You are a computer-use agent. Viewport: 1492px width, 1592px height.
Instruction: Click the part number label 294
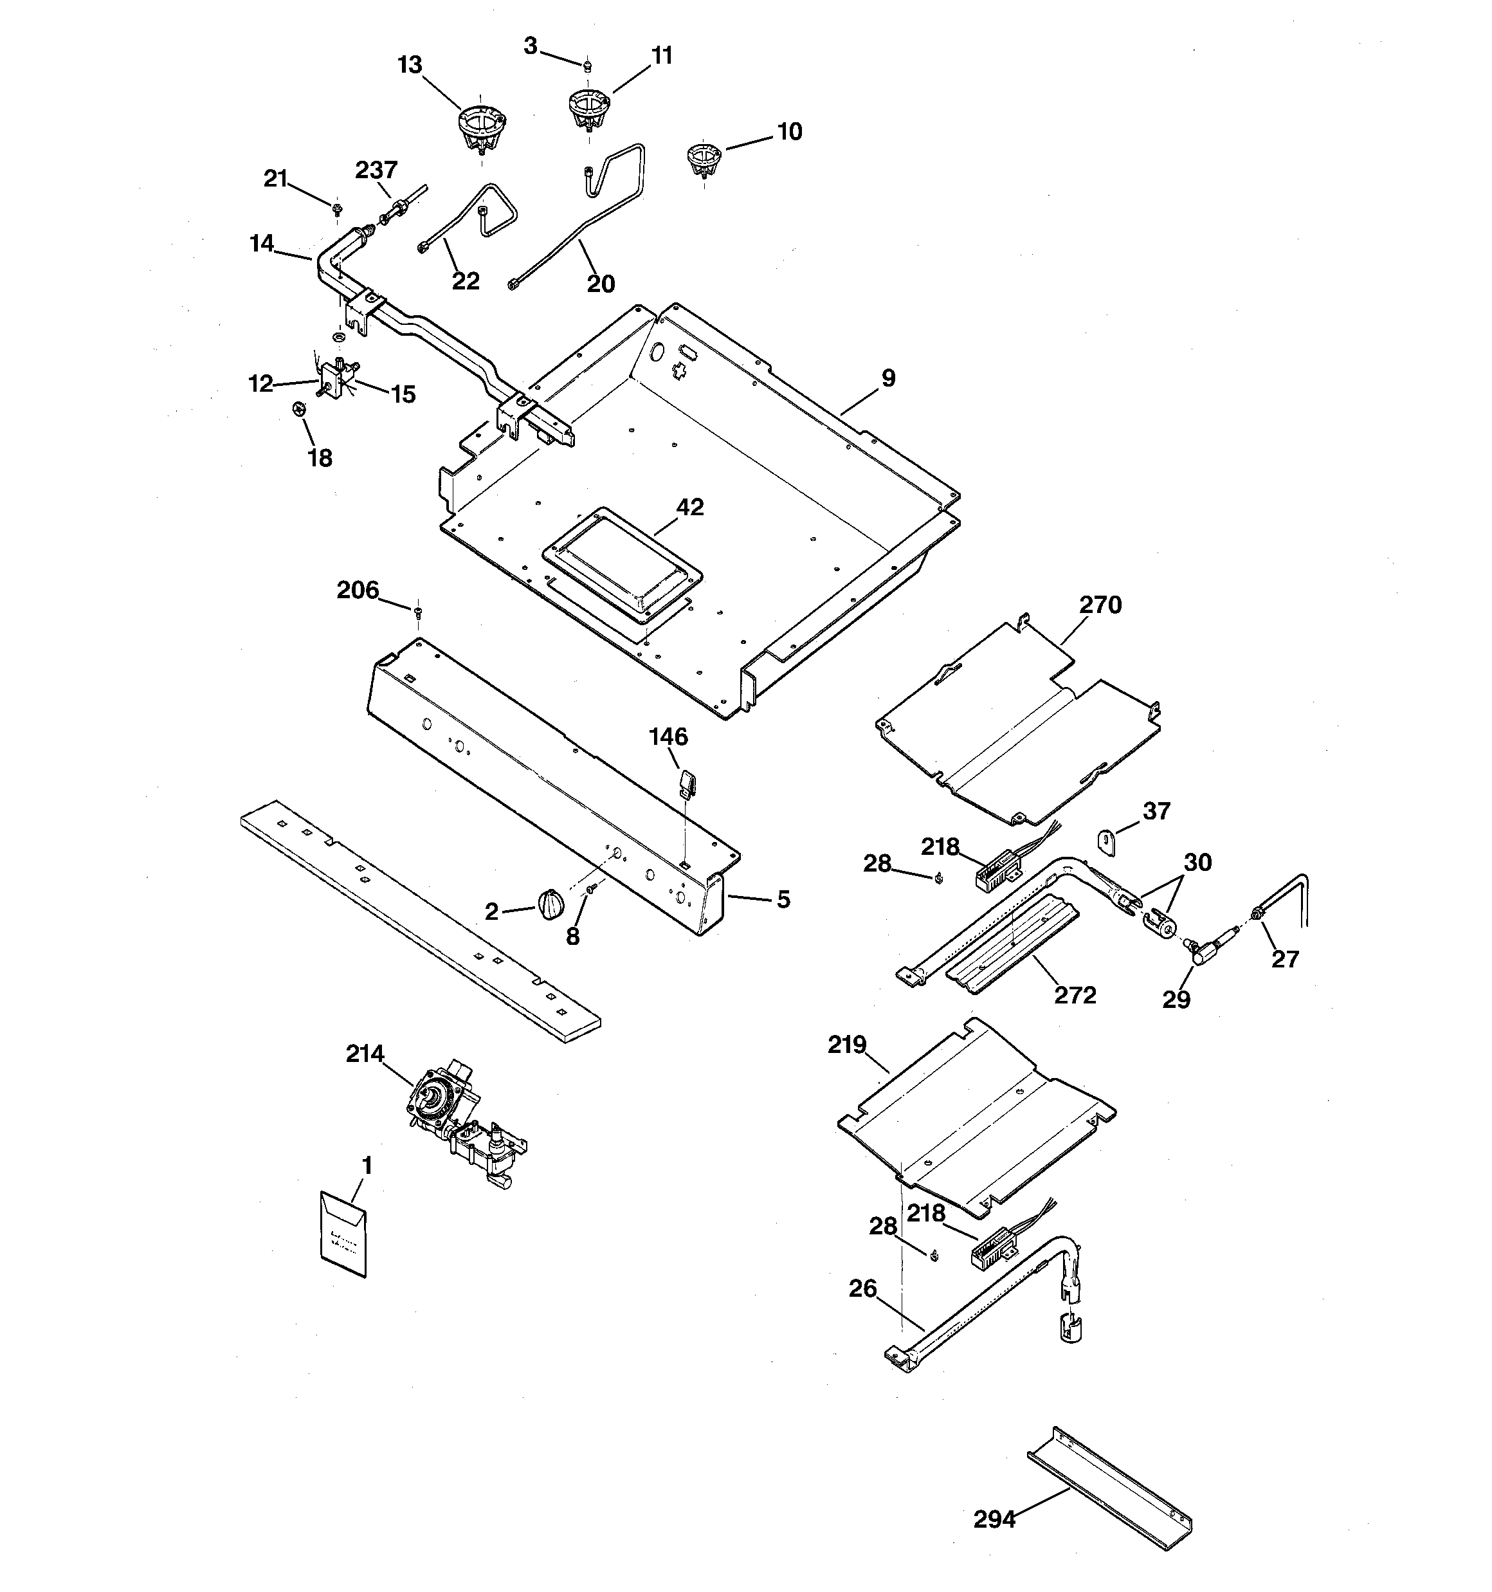pyautogui.click(x=994, y=1519)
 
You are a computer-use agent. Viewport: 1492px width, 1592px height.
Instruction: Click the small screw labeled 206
pyautogui.click(x=417, y=612)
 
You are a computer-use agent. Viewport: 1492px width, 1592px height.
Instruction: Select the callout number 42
pyautogui.click(x=689, y=507)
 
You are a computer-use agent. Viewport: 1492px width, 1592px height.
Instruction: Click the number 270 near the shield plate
pyautogui.click(x=1100, y=605)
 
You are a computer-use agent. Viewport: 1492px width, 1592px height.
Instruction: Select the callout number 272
pyautogui.click(x=1075, y=994)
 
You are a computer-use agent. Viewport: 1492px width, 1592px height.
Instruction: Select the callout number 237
pyautogui.click(x=376, y=170)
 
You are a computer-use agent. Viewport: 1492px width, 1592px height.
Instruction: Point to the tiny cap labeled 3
pyautogui.click(x=588, y=65)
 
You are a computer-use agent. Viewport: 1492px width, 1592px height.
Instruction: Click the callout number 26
pyautogui.click(x=862, y=1288)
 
